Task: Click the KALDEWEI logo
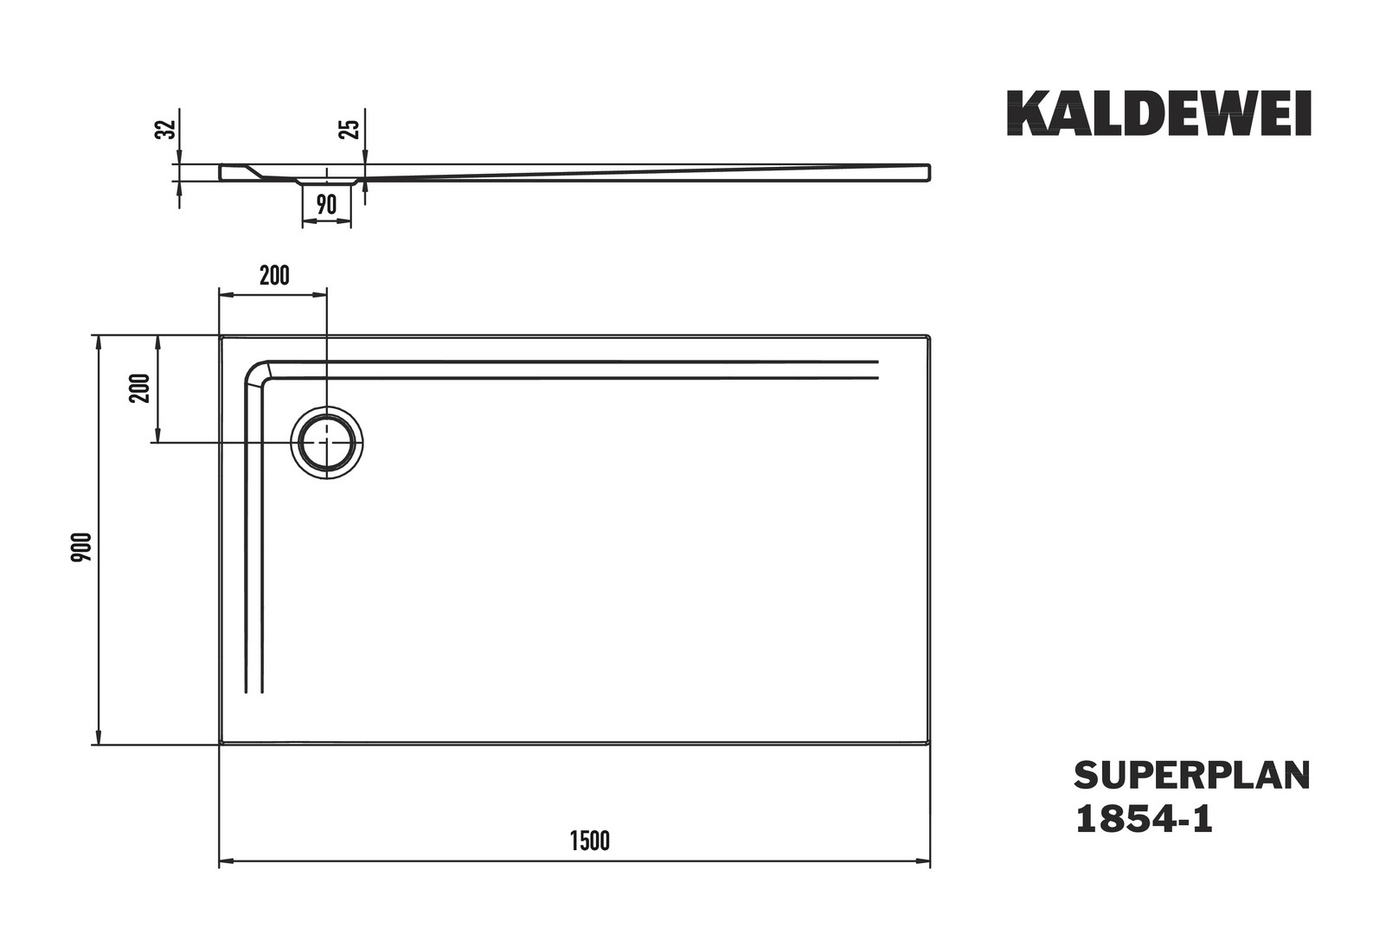pyautogui.click(x=1159, y=113)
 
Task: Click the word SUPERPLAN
pyautogui.click(x=1192, y=776)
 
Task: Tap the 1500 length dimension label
pyautogui.click(x=590, y=841)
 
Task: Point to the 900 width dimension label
pyautogui.click(x=81, y=547)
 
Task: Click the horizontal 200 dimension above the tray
pyautogui.click(x=274, y=276)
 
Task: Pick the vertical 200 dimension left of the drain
pyautogui.click(x=140, y=388)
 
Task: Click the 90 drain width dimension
pyautogui.click(x=326, y=204)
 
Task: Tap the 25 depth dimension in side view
pyautogui.click(x=351, y=129)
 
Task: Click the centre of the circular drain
pyautogui.click(x=327, y=442)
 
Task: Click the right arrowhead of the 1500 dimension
pyautogui.click(x=925, y=860)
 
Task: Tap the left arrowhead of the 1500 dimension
pyautogui.click(x=225, y=860)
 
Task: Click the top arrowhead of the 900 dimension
pyautogui.click(x=98, y=342)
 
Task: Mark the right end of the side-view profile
pyautogui.click(x=929, y=173)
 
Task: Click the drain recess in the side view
pyautogui.click(x=327, y=182)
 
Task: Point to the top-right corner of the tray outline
pyautogui.click(x=929, y=336)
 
